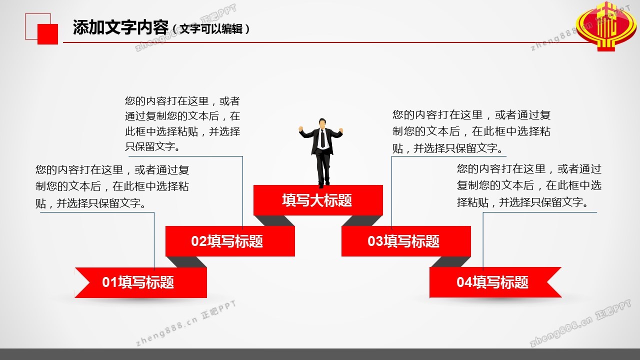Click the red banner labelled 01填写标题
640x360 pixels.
coord(141,282)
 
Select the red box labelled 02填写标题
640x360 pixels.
coord(230,241)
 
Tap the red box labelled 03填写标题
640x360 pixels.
coord(406,241)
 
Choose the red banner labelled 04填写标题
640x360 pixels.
coord(495,282)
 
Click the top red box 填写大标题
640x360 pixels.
coord(318,200)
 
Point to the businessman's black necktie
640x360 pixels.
coord(322,138)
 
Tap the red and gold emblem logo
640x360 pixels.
coord(606,26)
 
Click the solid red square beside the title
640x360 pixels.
coord(47,34)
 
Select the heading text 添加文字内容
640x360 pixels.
coord(120,27)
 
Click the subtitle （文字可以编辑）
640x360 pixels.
coord(211,29)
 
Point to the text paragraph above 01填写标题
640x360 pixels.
coord(112,186)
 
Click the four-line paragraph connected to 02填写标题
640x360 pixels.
coord(182,123)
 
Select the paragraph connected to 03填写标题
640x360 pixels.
coord(471,131)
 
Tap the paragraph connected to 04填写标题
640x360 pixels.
coord(529,185)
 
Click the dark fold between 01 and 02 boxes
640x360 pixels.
coord(186,262)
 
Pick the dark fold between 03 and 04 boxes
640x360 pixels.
coord(450,261)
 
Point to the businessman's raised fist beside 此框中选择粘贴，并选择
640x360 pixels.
coord(300,129)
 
